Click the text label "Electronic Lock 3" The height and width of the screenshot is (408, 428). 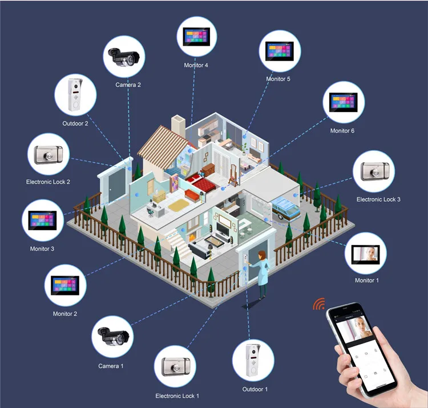pyautogui.click(x=378, y=199)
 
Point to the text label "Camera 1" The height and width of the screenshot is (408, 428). pyautogui.click(x=111, y=366)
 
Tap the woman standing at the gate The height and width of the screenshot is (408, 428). pyautogui.click(x=261, y=274)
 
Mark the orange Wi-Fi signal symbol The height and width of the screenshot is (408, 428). pyautogui.click(x=317, y=303)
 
